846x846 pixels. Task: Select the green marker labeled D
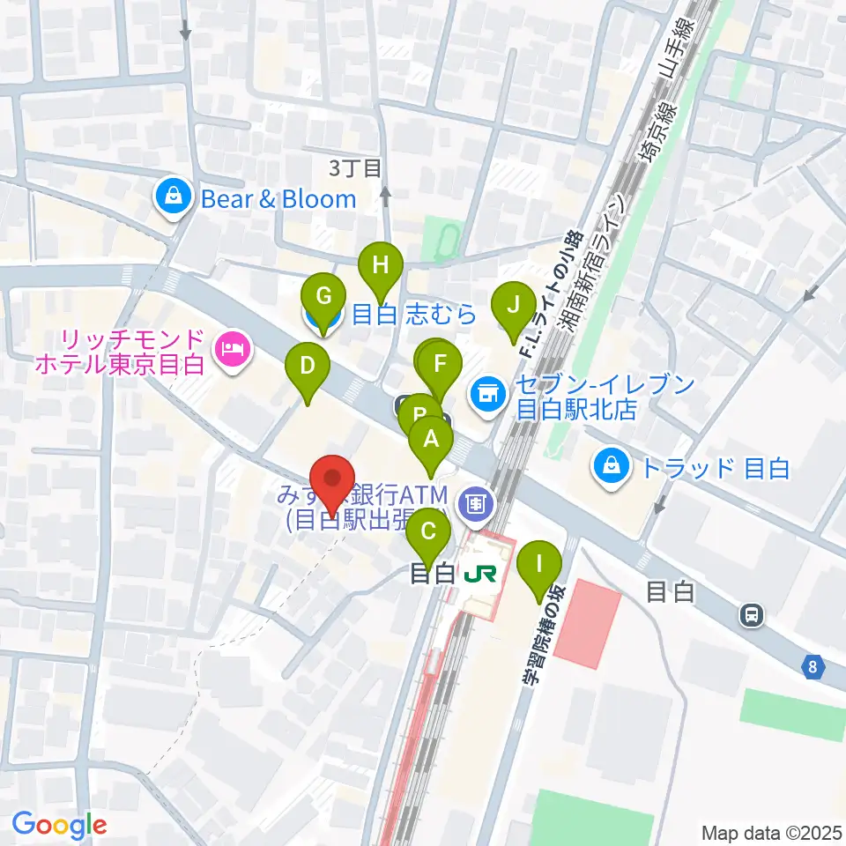(x=308, y=366)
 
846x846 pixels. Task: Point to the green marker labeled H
(x=380, y=264)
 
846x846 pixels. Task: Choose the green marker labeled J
(x=513, y=306)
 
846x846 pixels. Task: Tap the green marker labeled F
(x=441, y=363)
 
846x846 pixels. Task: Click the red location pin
(x=333, y=479)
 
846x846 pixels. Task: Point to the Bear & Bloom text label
(x=278, y=199)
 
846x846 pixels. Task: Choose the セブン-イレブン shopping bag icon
(x=487, y=391)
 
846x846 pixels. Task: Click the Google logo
(x=59, y=825)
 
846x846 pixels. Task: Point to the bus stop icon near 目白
(x=751, y=615)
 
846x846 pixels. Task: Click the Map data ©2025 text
(x=770, y=832)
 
